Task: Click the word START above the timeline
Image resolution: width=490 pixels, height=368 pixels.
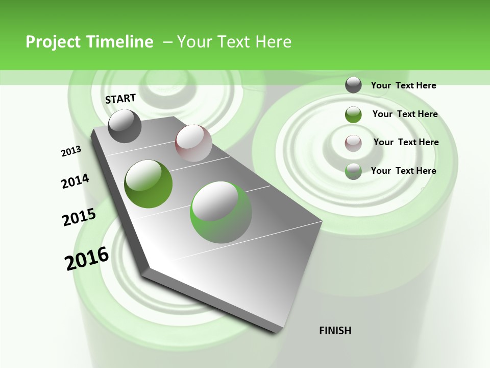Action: (x=120, y=99)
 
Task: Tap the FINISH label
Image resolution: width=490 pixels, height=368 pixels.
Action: (x=335, y=331)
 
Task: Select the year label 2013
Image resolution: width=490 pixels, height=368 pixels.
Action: (x=71, y=151)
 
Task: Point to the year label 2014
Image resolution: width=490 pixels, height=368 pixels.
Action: (x=75, y=181)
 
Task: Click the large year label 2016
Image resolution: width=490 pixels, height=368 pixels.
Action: (x=87, y=259)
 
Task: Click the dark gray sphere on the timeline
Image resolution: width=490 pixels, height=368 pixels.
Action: (x=125, y=126)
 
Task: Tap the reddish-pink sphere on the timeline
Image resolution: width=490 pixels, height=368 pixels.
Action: (x=193, y=143)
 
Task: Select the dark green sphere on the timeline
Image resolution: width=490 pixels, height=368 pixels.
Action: (x=149, y=184)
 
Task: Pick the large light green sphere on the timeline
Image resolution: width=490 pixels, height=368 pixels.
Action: (x=221, y=212)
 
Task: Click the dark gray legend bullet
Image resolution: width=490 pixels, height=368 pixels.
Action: (x=353, y=85)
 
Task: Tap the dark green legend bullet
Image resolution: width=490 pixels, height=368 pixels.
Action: (x=353, y=114)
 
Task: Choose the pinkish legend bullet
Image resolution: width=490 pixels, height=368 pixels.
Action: (x=353, y=143)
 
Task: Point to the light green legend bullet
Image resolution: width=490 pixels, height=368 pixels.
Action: (x=353, y=171)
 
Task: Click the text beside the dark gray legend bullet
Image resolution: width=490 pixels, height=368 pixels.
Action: (x=403, y=85)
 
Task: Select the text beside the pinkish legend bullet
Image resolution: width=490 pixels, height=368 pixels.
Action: (x=406, y=142)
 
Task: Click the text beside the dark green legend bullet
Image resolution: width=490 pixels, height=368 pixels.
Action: (x=405, y=114)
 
